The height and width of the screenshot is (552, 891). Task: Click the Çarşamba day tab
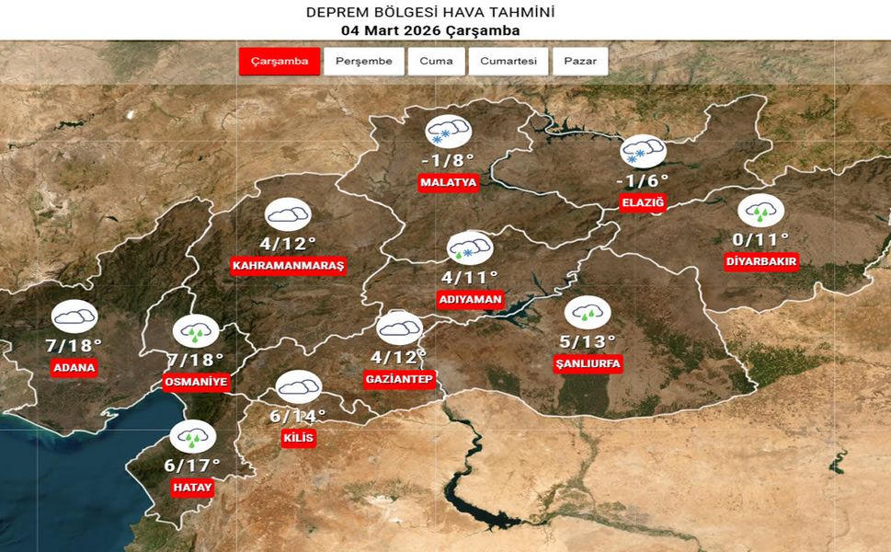(x=280, y=62)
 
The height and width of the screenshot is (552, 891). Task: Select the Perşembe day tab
(x=364, y=62)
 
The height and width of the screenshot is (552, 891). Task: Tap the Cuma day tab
(x=436, y=62)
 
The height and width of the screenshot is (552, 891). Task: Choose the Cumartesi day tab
(x=508, y=62)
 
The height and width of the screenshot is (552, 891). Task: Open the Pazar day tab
(x=580, y=62)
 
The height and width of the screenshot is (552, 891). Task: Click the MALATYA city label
(x=449, y=183)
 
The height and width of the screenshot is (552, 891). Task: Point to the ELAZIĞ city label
(x=643, y=203)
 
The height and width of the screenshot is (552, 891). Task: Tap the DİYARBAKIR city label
(x=761, y=262)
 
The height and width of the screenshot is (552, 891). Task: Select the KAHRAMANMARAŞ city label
(x=288, y=266)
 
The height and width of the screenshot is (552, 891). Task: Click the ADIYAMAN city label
(x=470, y=300)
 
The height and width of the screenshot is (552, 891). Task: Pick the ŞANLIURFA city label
(x=588, y=364)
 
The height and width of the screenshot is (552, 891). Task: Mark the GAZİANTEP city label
(x=399, y=380)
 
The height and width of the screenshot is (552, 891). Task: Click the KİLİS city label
(x=299, y=439)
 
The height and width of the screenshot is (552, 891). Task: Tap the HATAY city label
(x=192, y=489)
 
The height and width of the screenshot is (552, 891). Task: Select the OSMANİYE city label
(x=195, y=382)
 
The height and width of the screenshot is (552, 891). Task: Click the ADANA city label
(x=74, y=368)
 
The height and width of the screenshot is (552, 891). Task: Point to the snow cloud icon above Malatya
(x=449, y=132)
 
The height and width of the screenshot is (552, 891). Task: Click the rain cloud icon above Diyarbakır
(x=760, y=211)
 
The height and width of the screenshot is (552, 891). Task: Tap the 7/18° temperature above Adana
(x=74, y=345)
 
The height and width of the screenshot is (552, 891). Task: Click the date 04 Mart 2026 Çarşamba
(x=430, y=30)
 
